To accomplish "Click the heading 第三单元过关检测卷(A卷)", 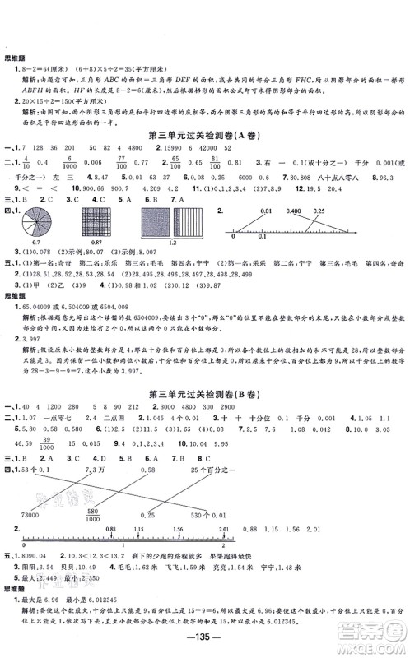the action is click(x=203, y=134).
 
